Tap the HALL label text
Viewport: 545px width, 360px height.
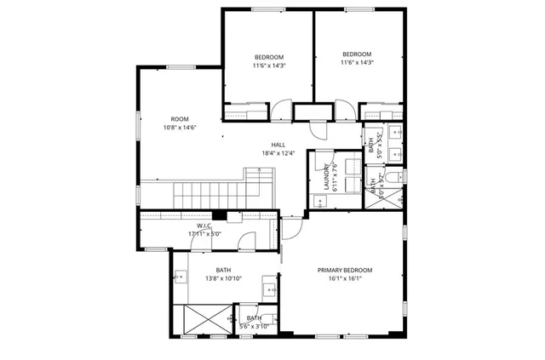278,144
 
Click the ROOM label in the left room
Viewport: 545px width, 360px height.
179,119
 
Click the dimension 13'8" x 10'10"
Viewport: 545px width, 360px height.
223,278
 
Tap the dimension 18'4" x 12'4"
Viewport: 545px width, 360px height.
278,153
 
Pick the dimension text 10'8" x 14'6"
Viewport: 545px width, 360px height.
179,128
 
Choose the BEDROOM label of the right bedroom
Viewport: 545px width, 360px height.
357,53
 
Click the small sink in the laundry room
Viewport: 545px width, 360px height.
318,202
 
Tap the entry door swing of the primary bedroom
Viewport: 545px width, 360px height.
291,225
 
